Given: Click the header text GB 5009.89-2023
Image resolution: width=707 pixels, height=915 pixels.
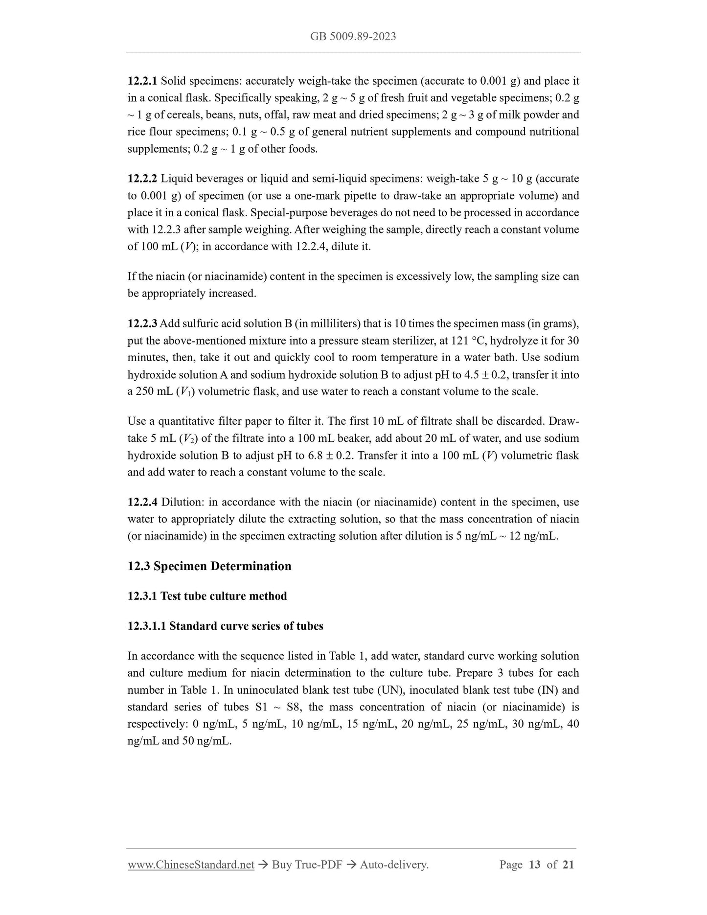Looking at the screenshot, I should pyautogui.click(x=353, y=36).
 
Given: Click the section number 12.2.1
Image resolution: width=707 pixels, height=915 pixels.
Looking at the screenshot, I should pyautogui.click(x=142, y=81).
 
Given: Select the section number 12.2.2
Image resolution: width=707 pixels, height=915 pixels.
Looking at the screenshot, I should pyautogui.click(x=142, y=179).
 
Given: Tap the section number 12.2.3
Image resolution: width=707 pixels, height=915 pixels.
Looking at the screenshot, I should pyautogui.click(x=142, y=324).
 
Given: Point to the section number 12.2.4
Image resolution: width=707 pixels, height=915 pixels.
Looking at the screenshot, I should pyautogui.click(x=142, y=503).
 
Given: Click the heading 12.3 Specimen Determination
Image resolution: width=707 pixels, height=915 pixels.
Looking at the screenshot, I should pyautogui.click(x=209, y=566).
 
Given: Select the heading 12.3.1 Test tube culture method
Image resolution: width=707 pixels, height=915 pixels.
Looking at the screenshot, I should pyautogui.click(x=207, y=596).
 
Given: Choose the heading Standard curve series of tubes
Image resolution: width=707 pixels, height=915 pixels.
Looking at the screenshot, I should pyautogui.click(x=246, y=626).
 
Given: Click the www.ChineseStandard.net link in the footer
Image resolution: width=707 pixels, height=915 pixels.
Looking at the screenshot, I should pyautogui.click(x=191, y=865).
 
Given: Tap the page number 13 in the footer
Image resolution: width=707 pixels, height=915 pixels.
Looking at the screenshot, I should pyautogui.click(x=534, y=865).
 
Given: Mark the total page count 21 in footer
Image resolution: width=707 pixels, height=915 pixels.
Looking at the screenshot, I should pyautogui.click(x=568, y=865).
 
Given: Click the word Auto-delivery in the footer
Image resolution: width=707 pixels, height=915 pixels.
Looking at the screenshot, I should pyautogui.click(x=393, y=865).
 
